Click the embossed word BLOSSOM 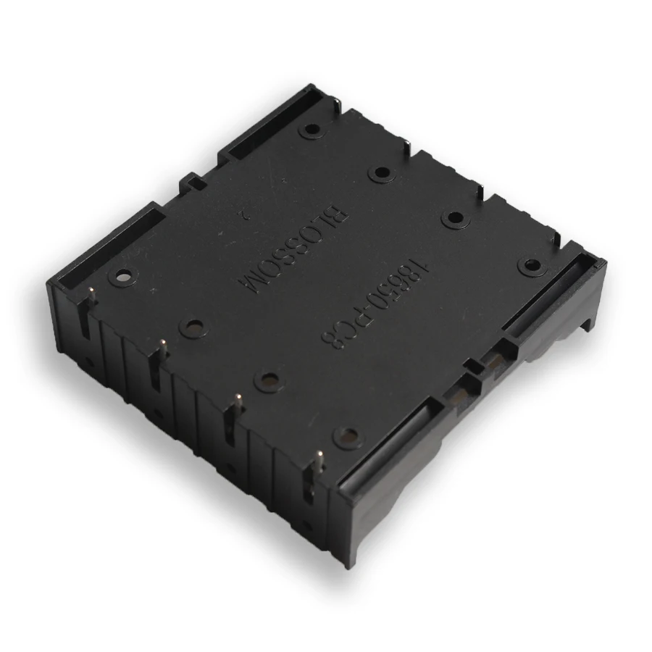pyautogui.click(x=293, y=248)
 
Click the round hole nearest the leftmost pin pyautogui.click(x=123, y=276)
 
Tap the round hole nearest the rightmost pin pyautogui.click(x=348, y=436)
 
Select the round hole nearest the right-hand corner pyautogui.click(x=532, y=266)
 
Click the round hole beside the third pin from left pyautogui.click(x=269, y=379)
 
